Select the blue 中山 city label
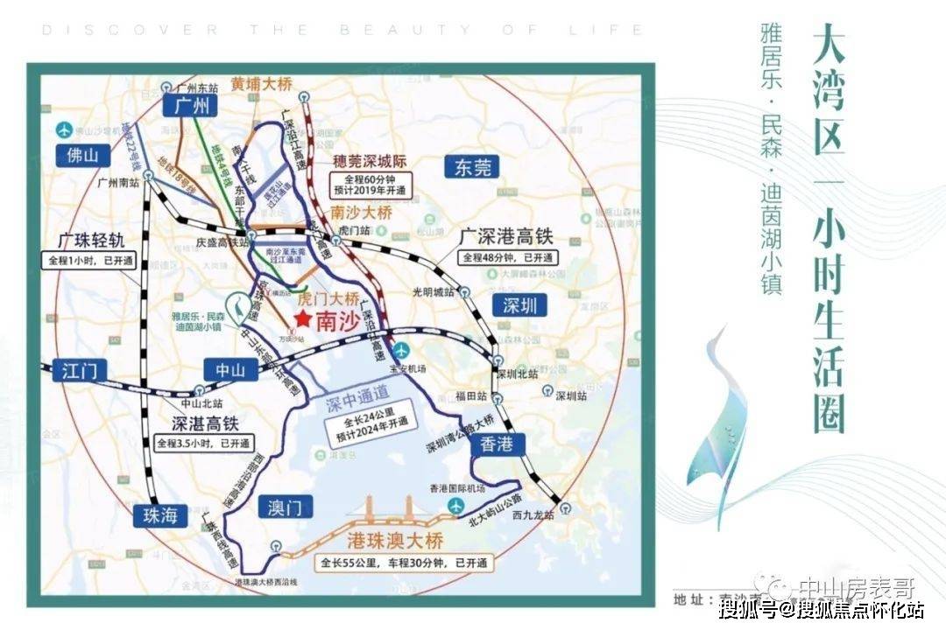coord(229,369)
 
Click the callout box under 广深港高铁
coord(508,257)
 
